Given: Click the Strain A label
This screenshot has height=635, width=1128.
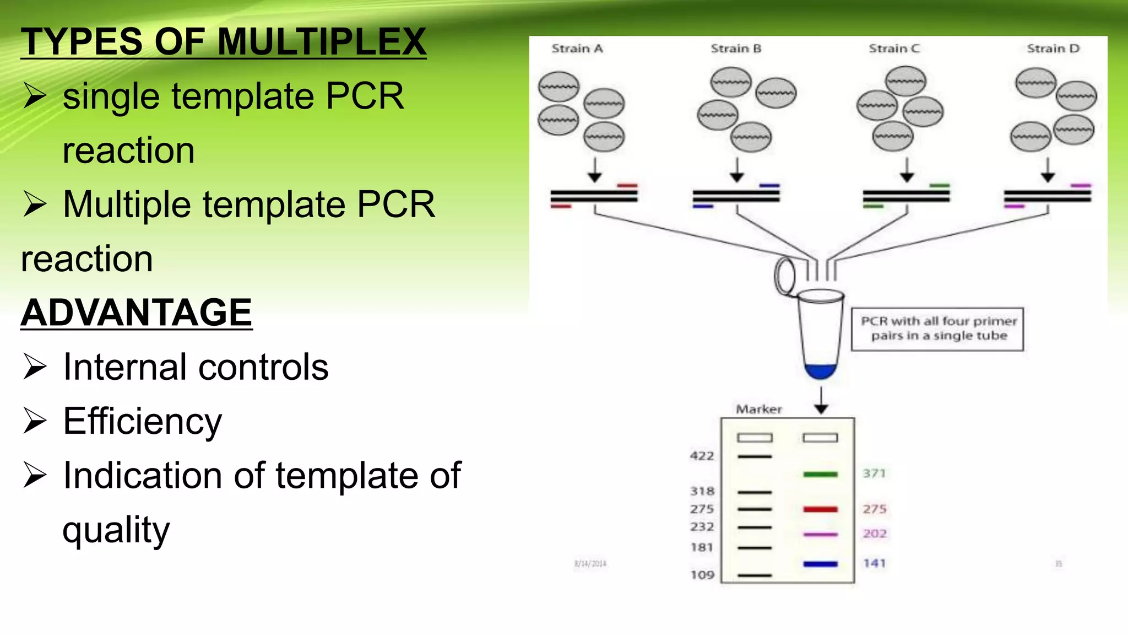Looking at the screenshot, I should point(577,49).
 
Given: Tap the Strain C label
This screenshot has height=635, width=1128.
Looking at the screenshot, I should point(894,49).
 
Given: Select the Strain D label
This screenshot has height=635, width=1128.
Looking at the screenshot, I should point(1053,49).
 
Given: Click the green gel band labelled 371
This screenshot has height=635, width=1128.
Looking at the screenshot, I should point(820,474).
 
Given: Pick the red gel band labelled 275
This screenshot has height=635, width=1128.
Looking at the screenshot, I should point(820,509).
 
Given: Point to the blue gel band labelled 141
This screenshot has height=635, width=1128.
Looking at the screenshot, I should point(820,564).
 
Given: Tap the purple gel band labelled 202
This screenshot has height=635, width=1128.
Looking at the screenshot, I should point(820,534).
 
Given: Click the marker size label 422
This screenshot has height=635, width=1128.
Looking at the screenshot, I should point(702,456).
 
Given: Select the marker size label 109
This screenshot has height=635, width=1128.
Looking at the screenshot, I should point(702,575).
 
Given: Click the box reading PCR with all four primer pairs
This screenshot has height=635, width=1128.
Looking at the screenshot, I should point(937,329).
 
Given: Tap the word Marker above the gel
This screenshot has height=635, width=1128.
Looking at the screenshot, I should point(758,409).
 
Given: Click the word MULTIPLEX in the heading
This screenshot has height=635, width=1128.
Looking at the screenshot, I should point(322,42).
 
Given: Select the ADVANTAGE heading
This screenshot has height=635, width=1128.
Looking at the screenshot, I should point(136,313).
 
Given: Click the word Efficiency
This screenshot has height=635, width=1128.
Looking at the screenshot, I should point(142,421).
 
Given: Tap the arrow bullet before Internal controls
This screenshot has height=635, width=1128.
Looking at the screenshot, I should point(35,367).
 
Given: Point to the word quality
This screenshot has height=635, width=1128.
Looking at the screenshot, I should point(116,530).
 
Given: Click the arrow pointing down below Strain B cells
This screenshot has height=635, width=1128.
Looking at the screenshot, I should point(737,170).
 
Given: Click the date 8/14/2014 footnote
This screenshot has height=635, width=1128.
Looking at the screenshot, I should point(590,563).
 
